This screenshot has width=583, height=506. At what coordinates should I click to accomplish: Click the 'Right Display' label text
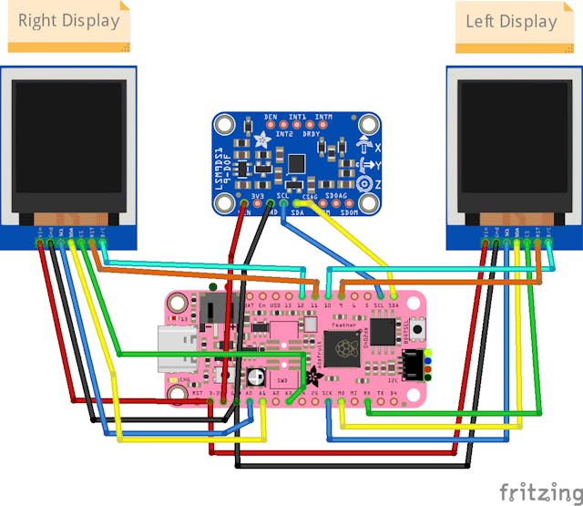pyautogui.click(x=68, y=21)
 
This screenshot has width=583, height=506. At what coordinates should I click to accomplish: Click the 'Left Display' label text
pyautogui.click(x=511, y=21)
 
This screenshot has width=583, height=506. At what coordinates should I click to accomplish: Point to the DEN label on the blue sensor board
pyautogui.click(x=271, y=118)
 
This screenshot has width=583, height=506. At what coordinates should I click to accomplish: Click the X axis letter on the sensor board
pyautogui.click(x=376, y=146)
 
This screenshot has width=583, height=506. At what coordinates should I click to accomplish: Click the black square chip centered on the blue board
pyautogui.click(x=296, y=162)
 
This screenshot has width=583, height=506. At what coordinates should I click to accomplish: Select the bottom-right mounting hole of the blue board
pyautogui.click(x=368, y=203)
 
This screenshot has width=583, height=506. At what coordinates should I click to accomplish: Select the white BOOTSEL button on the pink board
pyautogui.click(x=419, y=326)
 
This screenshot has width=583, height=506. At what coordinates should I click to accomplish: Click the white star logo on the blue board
pyautogui.click(x=261, y=141)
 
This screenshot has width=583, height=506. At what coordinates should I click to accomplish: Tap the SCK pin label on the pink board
pyautogui.click(x=327, y=393)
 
